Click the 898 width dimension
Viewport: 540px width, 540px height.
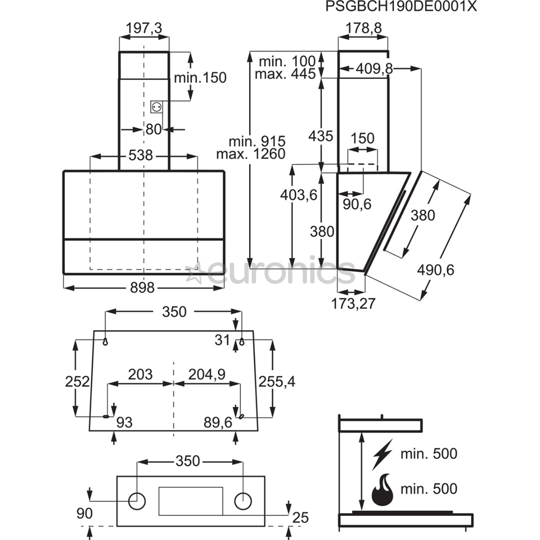pyautogui.click(x=142, y=288)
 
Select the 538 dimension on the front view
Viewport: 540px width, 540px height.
pyautogui.click(x=140, y=155)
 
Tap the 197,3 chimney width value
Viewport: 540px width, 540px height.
pyautogui.click(x=143, y=28)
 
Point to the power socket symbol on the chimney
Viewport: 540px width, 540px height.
pyautogui.click(x=156, y=106)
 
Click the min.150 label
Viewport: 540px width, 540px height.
pyautogui.click(x=200, y=77)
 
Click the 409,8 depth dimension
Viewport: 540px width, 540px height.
pyautogui.click(x=374, y=69)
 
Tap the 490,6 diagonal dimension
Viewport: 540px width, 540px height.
pyautogui.click(x=435, y=270)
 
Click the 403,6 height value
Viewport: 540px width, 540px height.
pyautogui.click(x=299, y=195)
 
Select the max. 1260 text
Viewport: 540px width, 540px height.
pyautogui.click(x=250, y=154)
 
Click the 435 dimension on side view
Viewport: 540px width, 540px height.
pyautogui.click(x=320, y=136)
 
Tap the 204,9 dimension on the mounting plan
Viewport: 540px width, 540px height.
pyautogui.click(x=206, y=374)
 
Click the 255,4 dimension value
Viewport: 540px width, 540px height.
pyautogui.click(x=277, y=381)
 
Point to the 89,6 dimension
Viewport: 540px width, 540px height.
pyautogui.click(x=218, y=423)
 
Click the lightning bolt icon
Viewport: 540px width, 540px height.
pyautogui.click(x=382, y=454)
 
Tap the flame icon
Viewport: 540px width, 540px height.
pyautogui.click(x=382, y=489)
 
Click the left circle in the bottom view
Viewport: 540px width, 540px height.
pyautogui.click(x=137, y=500)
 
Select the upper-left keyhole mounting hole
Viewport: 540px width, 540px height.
pyautogui.click(x=105, y=341)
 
